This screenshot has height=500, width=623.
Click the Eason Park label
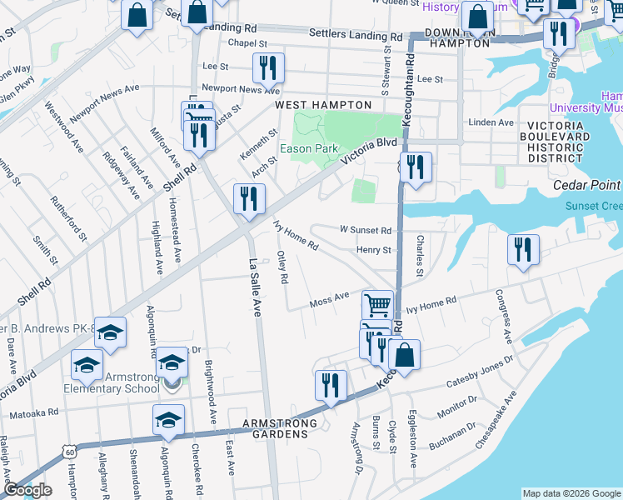[308, 148]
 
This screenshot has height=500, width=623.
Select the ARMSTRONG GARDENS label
[280, 423]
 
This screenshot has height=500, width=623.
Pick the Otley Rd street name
[283, 267]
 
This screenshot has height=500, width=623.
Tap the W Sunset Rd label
[365, 230]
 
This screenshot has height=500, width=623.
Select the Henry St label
[374, 250]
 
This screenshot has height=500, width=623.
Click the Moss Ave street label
[330, 298]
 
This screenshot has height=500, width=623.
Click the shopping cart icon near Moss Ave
[377, 304]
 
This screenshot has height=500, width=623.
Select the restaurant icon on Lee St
[268, 67]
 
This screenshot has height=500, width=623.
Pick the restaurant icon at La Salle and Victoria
[248, 198]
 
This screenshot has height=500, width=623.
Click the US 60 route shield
[69, 450]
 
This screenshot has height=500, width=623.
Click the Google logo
[27, 490]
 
